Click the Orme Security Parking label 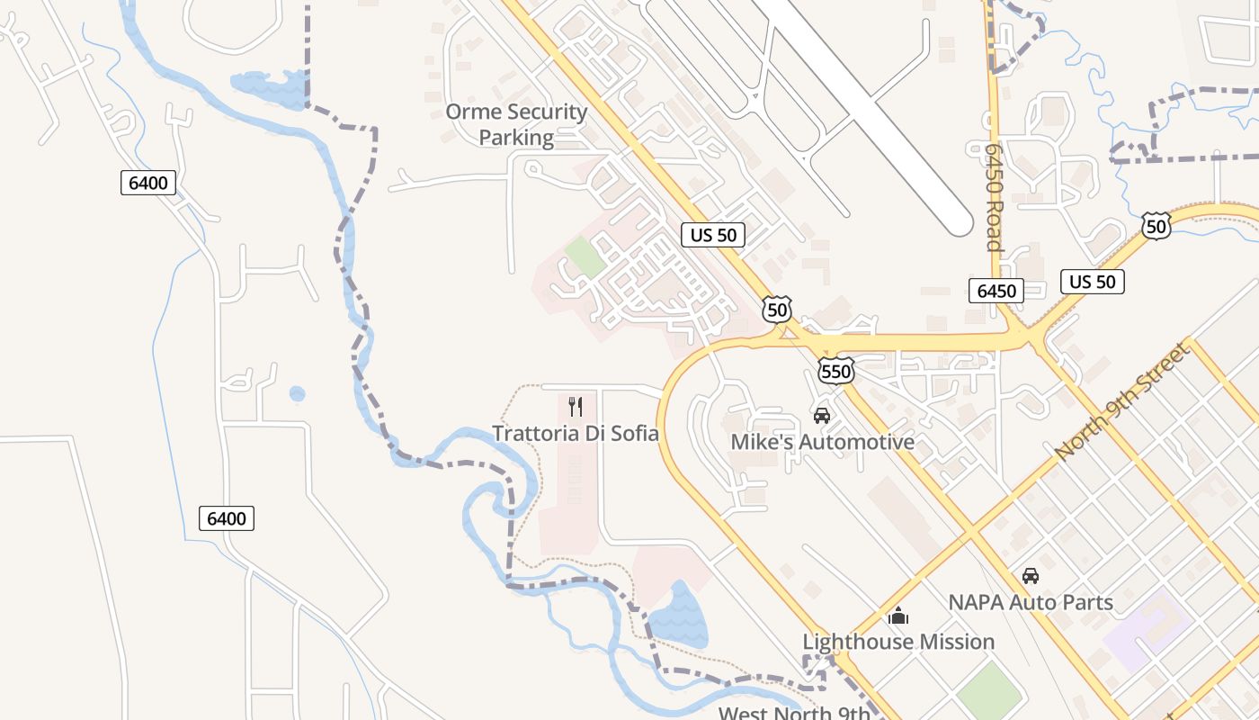tap(516, 124)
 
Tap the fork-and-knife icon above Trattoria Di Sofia tap(576, 406)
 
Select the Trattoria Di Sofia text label tap(576, 433)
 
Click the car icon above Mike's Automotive tap(821, 415)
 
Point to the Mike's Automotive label tap(822, 442)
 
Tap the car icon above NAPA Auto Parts tap(1031, 575)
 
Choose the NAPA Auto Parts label tap(1031, 602)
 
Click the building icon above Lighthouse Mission tap(897, 616)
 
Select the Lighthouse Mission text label tap(898, 642)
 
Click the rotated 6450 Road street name tap(993, 197)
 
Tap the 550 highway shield tap(835, 371)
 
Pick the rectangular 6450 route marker tap(996, 291)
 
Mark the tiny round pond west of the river tap(297, 393)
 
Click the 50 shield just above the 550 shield tap(777, 310)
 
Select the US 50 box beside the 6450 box tap(1092, 282)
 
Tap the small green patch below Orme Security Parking tap(585, 256)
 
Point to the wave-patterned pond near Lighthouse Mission tap(678, 616)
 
